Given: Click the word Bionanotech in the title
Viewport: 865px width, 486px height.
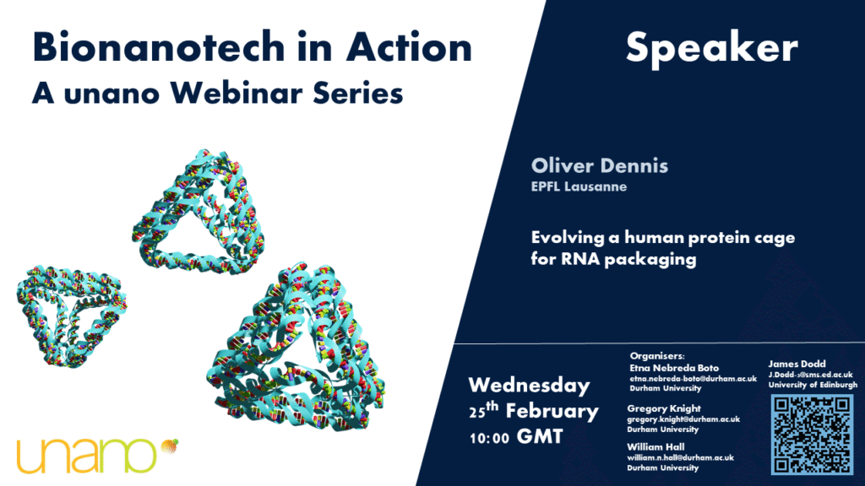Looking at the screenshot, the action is (159, 47).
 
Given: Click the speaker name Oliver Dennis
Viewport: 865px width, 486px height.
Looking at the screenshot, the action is (599, 165).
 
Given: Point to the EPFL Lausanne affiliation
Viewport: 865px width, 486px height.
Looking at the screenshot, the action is (579, 186).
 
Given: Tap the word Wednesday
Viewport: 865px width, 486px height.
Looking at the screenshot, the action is (529, 385).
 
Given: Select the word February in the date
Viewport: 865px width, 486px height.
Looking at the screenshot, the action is (552, 411).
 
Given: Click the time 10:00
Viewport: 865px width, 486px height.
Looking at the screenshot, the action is (489, 439).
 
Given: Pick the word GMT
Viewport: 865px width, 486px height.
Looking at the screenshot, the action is (540, 437).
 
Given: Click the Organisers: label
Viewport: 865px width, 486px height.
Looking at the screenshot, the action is (657, 356).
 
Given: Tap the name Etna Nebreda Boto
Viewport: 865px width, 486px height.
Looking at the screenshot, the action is (674, 368).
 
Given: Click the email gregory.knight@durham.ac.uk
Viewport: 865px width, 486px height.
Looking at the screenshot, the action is (683, 419).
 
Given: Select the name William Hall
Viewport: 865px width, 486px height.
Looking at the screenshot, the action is (656, 447).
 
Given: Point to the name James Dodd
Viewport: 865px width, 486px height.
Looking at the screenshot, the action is (797, 364).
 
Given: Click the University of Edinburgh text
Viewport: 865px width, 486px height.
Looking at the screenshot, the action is (813, 385).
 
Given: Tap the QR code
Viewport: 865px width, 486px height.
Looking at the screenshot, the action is (812, 435).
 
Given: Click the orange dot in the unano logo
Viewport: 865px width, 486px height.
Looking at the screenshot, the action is (169, 447).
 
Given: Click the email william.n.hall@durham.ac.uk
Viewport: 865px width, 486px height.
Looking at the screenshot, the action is (680, 458).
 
